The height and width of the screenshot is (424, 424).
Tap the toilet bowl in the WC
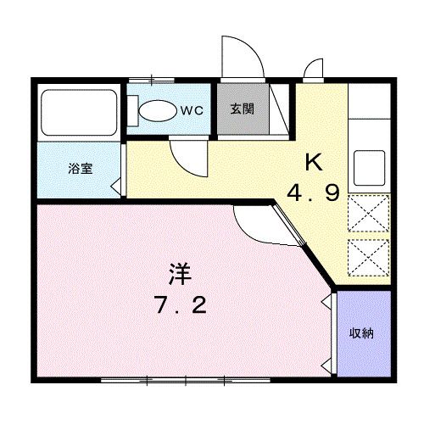156,110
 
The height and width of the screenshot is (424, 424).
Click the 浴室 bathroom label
81,167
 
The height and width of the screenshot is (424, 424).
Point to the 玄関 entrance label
241,109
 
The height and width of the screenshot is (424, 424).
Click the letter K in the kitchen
313,161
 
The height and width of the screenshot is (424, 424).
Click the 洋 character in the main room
179,276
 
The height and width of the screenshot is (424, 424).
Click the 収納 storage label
361,333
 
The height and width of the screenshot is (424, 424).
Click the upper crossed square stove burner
369,213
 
